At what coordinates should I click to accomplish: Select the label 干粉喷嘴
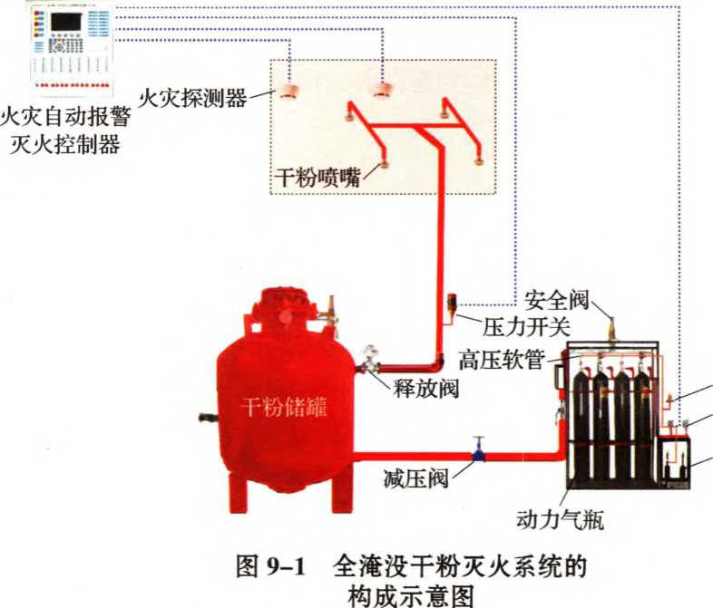(x=316, y=178)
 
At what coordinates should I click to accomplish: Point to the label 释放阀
(x=425, y=389)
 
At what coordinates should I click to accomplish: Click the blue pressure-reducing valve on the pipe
(x=477, y=450)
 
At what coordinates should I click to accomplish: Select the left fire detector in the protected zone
(x=289, y=92)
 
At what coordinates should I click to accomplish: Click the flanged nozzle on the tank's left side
(x=207, y=420)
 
